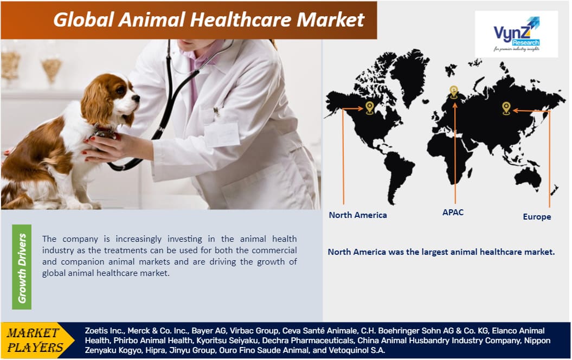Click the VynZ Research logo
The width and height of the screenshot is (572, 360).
[516, 34]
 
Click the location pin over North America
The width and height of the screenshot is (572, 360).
[370, 107]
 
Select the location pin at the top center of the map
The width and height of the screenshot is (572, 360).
[454, 92]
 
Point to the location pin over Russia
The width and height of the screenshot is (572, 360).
[506, 107]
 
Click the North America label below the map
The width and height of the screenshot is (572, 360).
[358, 215]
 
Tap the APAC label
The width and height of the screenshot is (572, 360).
[453, 213]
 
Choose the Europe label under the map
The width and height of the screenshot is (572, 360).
[537, 217]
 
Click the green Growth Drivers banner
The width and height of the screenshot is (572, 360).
[22, 267]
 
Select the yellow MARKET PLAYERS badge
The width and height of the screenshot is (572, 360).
[34, 340]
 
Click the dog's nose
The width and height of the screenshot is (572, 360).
[136, 99]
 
